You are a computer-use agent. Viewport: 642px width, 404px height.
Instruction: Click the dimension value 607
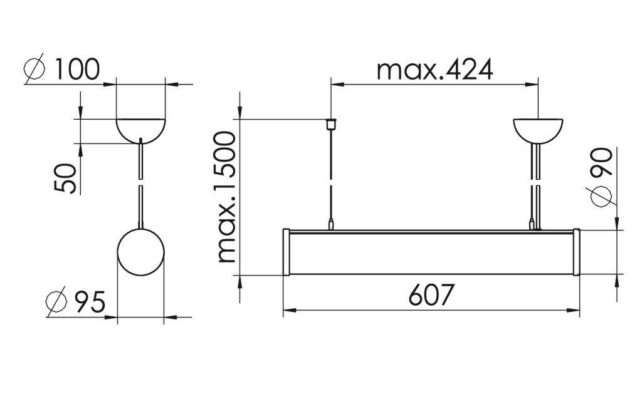click(430, 295)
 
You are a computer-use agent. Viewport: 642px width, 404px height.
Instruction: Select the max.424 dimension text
click(434, 70)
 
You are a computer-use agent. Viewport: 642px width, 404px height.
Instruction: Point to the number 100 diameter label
click(76, 70)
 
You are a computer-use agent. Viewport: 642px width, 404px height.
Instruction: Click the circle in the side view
click(141, 253)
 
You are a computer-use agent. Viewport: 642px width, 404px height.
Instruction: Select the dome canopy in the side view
click(141, 129)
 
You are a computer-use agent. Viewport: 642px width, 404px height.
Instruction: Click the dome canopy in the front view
click(539, 130)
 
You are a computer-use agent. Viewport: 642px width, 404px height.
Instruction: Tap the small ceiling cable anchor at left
click(330, 122)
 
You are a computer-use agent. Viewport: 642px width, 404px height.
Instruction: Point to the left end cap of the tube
click(287, 252)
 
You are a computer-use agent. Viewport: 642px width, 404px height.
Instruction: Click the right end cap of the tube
click(576, 252)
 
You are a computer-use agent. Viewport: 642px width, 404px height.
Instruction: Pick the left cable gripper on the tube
click(330, 224)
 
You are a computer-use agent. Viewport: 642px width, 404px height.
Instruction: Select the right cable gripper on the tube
click(534, 224)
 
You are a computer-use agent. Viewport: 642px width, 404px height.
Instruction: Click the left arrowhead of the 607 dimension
click(288, 309)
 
